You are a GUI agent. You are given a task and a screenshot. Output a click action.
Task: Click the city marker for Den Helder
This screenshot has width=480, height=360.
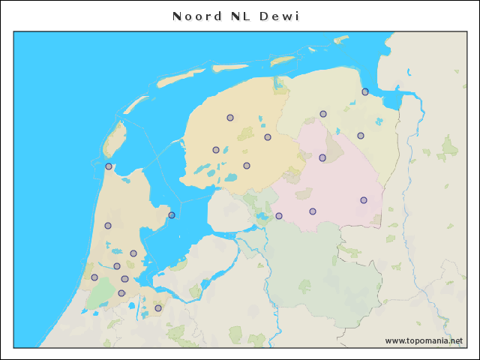point(109,166)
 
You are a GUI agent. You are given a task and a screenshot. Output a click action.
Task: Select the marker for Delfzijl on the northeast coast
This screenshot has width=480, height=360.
point(365,91)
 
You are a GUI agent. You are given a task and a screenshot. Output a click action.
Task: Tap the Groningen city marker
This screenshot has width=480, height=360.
point(323,114)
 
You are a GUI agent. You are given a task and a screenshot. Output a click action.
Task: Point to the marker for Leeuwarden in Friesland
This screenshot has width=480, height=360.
point(230,118)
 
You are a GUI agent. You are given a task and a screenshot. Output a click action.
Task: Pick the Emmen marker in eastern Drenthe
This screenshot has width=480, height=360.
point(364,200)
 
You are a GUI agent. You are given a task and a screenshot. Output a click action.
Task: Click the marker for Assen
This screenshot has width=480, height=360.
point(322,157)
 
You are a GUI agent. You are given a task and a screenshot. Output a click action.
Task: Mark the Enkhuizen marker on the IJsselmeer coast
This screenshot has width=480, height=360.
point(172,215)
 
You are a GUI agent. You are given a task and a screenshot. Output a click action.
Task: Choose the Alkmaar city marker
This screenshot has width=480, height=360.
point(108,226)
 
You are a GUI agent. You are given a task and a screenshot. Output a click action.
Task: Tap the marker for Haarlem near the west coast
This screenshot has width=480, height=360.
point(94,277)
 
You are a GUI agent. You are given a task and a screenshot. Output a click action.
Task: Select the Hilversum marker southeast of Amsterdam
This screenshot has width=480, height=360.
point(158,307)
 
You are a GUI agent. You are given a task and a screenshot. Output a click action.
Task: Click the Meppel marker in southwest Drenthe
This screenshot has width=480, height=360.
point(279,216)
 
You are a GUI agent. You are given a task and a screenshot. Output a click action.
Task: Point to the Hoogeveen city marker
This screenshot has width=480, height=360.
point(313,211)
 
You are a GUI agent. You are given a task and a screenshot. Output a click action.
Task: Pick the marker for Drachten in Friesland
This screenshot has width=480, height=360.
point(268,137)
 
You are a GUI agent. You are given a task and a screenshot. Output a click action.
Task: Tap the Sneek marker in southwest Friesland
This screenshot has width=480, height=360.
point(216,150)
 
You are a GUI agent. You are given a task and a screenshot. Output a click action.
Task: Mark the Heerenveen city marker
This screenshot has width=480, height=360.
point(247,166)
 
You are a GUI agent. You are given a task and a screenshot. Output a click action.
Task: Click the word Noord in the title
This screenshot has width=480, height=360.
point(196,16)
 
